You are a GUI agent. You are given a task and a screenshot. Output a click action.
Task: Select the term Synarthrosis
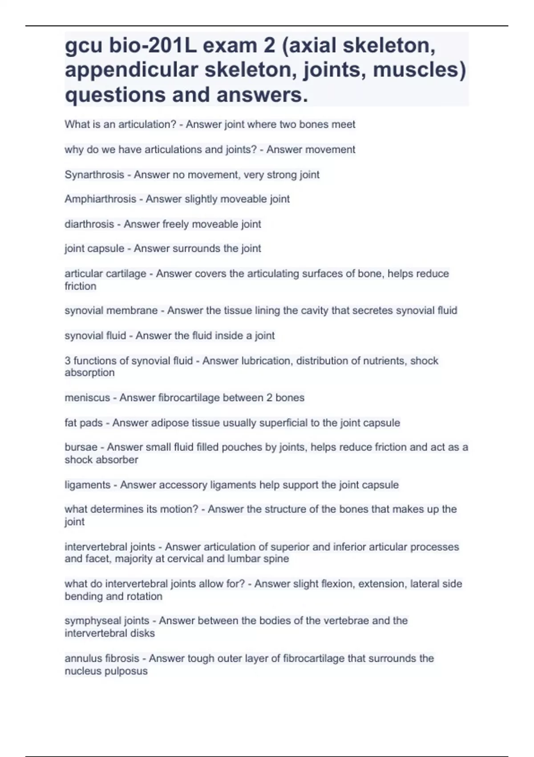(94, 175)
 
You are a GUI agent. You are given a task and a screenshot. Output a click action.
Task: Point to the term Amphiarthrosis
(100, 199)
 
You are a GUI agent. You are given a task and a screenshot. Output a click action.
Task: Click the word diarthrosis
(89, 224)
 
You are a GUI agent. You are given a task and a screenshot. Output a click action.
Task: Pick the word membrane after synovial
(137, 310)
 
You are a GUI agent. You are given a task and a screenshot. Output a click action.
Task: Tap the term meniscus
(87, 398)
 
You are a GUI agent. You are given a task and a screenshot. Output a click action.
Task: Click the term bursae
(81, 447)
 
